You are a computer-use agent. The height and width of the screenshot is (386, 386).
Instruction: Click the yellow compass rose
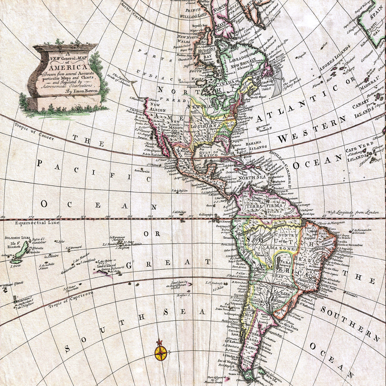(161, 352)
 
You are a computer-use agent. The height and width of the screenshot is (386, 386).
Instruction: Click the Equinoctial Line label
(37, 223)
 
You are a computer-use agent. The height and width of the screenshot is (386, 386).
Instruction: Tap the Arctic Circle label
(131, 8)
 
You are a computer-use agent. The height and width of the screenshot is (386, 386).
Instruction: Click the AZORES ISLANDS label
(334, 64)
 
